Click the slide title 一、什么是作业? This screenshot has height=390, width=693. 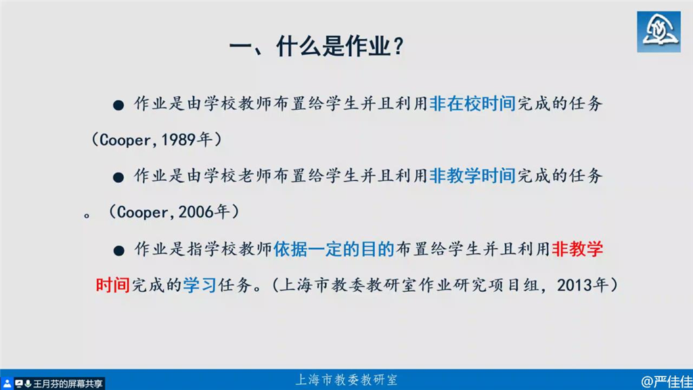(x=317, y=46)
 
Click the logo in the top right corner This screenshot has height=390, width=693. (x=658, y=32)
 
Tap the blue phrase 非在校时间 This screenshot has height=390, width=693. (x=472, y=104)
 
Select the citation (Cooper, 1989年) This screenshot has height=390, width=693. (x=156, y=139)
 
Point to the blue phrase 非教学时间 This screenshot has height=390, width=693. (x=472, y=176)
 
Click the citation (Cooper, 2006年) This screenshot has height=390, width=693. (x=174, y=212)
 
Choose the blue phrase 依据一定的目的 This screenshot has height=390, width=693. (x=334, y=249)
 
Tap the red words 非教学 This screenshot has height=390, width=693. (x=577, y=249)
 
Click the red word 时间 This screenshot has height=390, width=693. (x=113, y=285)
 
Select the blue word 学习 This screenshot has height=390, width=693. (x=200, y=285)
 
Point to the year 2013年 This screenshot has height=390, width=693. (x=583, y=285)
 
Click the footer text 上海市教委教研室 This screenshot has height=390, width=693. (x=346, y=380)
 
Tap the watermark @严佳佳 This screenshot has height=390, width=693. (x=667, y=381)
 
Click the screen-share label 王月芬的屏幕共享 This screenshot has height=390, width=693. (x=68, y=384)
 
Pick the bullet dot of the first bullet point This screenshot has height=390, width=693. (x=118, y=105)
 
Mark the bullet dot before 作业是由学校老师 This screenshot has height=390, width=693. (x=118, y=178)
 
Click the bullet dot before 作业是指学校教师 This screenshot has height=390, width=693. (x=118, y=251)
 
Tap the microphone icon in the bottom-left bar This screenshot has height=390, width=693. (x=28, y=384)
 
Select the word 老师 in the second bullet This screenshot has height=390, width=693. (x=255, y=176)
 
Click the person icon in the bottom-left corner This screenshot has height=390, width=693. (x=7, y=384)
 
